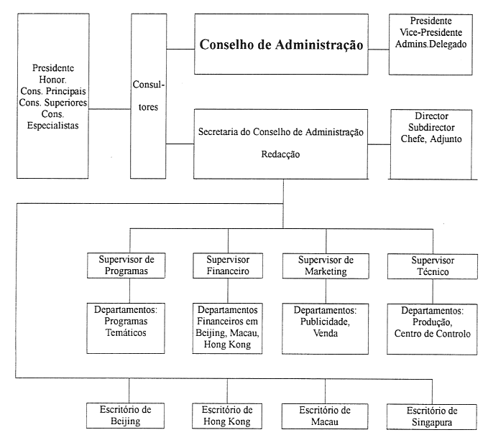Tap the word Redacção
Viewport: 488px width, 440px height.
pyautogui.click(x=282, y=154)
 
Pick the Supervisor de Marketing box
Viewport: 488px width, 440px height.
pyautogui.click(x=326, y=265)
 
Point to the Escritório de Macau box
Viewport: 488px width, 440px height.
pyautogui.click(x=326, y=416)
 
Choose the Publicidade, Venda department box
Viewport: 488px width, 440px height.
pyautogui.click(x=326, y=322)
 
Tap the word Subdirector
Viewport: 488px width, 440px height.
pyautogui.click(x=431, y=126)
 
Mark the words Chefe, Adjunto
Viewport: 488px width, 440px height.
pyautogui.click(x=431, y=138)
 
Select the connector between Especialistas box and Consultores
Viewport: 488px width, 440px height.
pyautogui.click(x=114, y=109)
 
